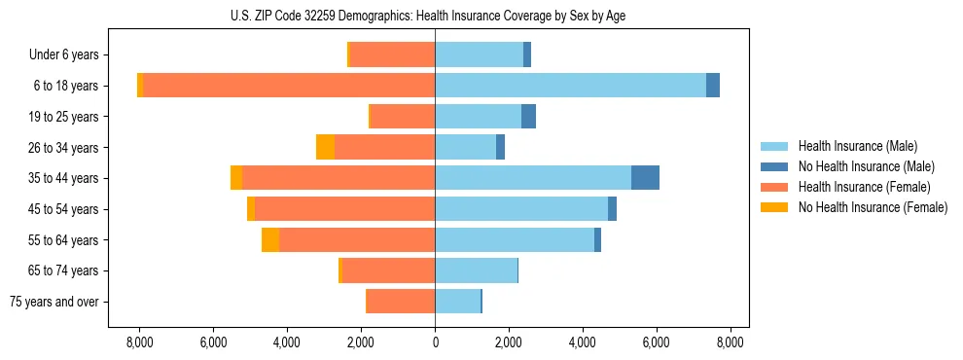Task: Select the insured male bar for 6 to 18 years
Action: pyautogui.click(x=570, y=86)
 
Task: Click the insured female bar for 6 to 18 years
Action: pyautogui.click(x=289, y=86)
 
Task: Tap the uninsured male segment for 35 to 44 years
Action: pyautogui.click(x=645, y=178)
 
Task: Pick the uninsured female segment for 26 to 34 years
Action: pyautogui.click(x=325, y=147)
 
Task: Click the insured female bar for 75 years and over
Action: pyautogui.click(x=401, y=302)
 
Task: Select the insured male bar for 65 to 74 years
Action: pyautogui.click(x=476, y=270)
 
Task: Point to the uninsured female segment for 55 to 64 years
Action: pyautogui.click(x=270, y=239)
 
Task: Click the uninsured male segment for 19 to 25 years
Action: pyautogui.click(x=528, y=117)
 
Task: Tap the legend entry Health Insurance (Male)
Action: pyautogui.click(x=857, y=146)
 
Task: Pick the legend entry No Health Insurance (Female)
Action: pyautogui.click(x=872, y=207)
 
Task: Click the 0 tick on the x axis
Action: pyautogui.click(x=435, y=342)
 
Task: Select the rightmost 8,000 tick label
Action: pyautogui.click(x=731, y=342)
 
